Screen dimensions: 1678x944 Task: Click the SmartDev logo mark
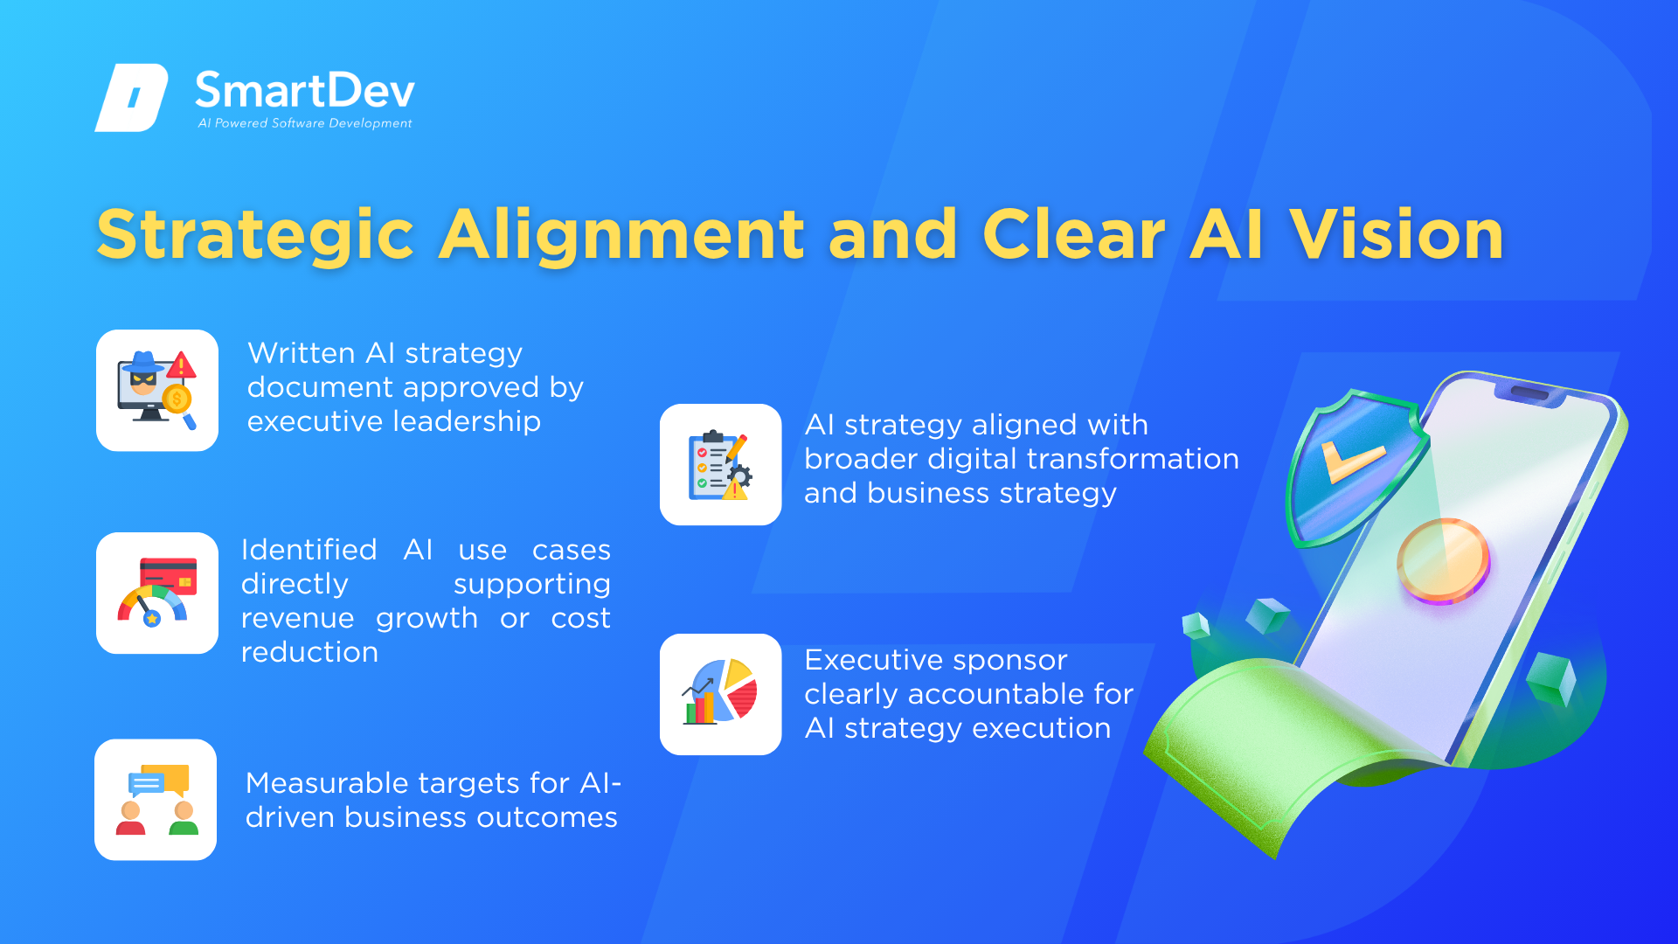coord(131,97)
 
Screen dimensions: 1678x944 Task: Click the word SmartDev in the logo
coord(305,91)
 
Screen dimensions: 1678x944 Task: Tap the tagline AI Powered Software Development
coord(305,123)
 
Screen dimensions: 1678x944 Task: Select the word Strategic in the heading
coord(255,236)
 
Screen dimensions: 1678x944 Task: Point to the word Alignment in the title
coord(621,236)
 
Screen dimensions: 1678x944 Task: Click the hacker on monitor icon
coord(157,391)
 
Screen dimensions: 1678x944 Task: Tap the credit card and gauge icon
coord(157,593)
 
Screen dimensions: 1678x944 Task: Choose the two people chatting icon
coord(156,800)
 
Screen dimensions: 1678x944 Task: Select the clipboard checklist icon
coord(721,464)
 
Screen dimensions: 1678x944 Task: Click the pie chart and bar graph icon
coord(720,693)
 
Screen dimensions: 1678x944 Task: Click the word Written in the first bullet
coord(302,353)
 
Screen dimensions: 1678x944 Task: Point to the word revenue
coord(297,619)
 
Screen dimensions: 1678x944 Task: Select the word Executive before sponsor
coord(880,660)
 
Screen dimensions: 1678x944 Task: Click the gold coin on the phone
coord(1442,560)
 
